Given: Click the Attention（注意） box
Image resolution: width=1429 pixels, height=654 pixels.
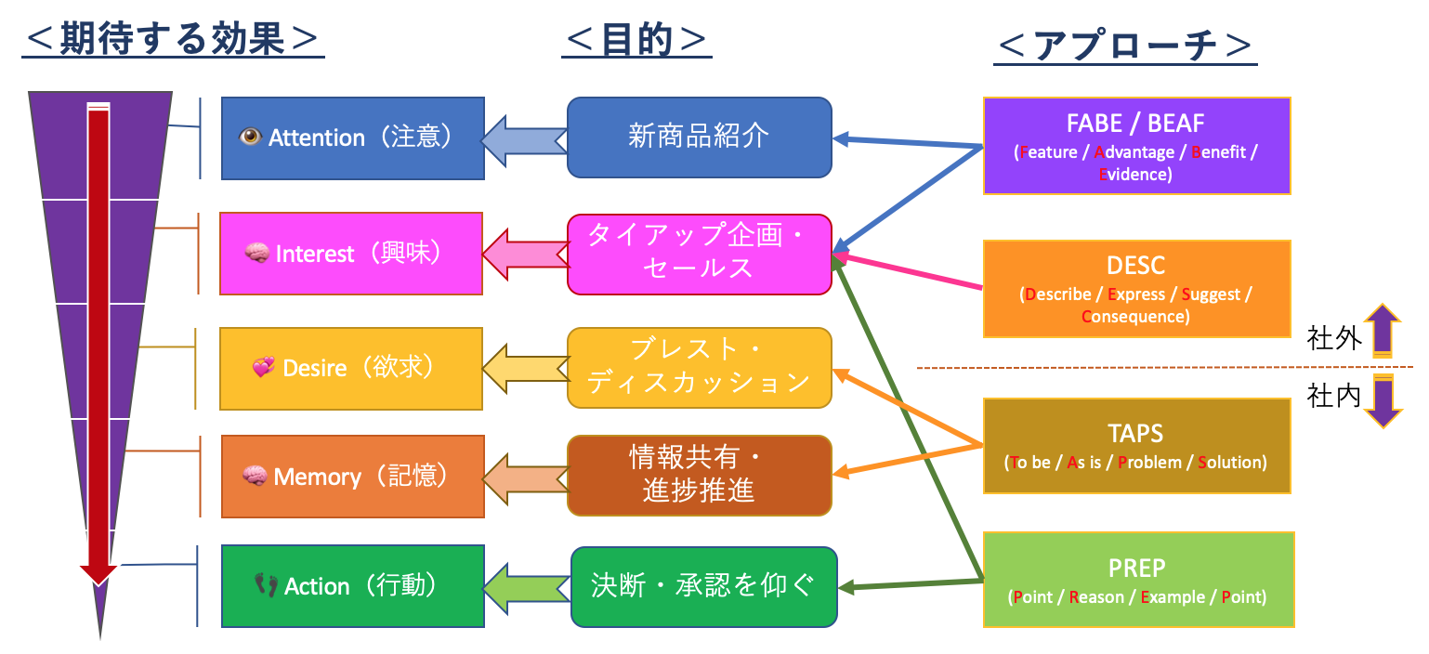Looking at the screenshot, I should [x=352, y=138].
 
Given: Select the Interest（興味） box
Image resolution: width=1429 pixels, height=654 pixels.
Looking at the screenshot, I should [x=351, y=254].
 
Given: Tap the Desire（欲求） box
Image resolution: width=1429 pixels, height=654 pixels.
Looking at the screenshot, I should [x=351, y=369].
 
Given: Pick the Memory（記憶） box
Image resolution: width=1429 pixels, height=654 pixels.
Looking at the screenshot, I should [x=352, y=477].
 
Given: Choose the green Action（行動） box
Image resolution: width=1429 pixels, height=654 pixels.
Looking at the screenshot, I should [x=353, y=586].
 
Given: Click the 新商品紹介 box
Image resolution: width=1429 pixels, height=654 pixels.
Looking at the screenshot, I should [x=699, y=137].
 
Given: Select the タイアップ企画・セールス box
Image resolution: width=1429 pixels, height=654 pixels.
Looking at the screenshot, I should [x=699, y=255].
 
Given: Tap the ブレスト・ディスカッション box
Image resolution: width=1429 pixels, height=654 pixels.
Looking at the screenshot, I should [x=699, y=368].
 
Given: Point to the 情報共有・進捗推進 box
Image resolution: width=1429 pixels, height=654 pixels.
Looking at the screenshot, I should [x=699, y=476].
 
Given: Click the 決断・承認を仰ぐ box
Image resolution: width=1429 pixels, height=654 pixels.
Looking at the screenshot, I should [x=703, y=586].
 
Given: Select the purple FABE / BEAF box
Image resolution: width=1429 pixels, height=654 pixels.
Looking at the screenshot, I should [x=1136, y=146].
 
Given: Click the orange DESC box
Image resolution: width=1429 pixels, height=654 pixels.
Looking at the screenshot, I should [x=1136, y=288].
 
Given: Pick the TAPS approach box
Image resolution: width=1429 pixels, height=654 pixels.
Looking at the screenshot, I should [x=1136, y=445].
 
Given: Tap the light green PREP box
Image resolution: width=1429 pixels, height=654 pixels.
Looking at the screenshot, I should [x=1136, y=579].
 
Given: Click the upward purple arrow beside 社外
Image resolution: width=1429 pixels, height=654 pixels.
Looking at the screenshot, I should [x=1382, y=331].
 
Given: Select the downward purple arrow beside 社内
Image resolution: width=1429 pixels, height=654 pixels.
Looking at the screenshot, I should [x=1382, y=400].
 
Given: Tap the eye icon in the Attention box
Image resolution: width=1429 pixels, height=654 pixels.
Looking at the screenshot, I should [x=251, y=137].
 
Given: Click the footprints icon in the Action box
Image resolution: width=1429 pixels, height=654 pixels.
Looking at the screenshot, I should [x=267, y=585].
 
